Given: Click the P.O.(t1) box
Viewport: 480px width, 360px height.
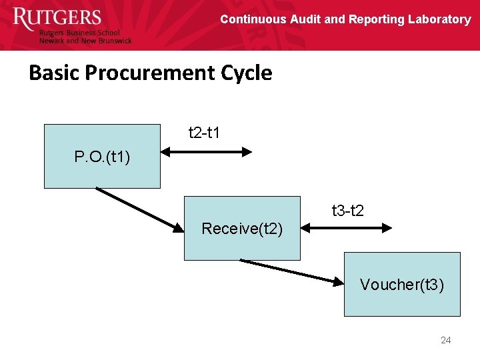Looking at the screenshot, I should pyautogui.click(x=102, y=157).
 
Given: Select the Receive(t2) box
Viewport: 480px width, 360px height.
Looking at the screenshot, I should pyautogui.click(x=242, y=229).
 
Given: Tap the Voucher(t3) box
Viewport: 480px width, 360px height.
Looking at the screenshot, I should pyautogui.click(x=402, y=285).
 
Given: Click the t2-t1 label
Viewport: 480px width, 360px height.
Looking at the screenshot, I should pyautogui.click(x=205, y=133).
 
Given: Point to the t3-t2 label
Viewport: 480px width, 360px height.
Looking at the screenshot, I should pyautogui.click(x=348, y=211).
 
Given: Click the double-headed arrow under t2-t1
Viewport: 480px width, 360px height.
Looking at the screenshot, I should pyautogui.click(x=207, y=152).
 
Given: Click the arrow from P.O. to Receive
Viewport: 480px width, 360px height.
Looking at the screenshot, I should pyautogui.click(x=139, y=210).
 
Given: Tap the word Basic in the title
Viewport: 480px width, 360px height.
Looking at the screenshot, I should pyautogui.click(x=51, y=73).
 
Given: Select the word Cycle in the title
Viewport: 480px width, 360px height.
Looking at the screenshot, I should pyautogui.click(x=247, y=73).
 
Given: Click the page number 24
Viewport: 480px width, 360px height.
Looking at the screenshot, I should pyautogui.click(x=446, y=341).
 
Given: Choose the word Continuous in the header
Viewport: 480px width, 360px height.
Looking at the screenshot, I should pyautogui.click(x=253, y=19).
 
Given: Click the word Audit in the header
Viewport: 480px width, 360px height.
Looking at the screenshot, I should pyautogui.click(x=305, y=19).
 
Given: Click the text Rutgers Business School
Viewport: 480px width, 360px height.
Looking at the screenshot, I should pyautogui.click(x=79, y=33).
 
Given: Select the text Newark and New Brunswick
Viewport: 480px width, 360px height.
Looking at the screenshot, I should pyautogui.click(x=85, y=41).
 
